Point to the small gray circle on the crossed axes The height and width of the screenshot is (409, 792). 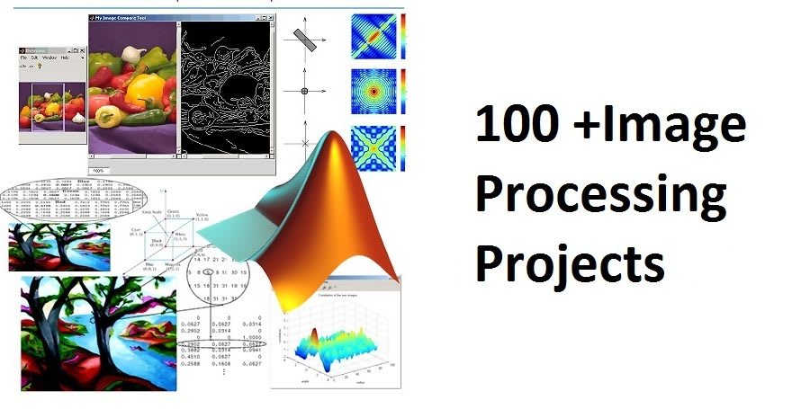pyautogui.click(x=304, y=91)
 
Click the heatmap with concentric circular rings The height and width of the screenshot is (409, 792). pyautogui.click(x=373, y=90)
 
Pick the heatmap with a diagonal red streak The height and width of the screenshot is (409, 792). pyautogui.click(x=373, y=35)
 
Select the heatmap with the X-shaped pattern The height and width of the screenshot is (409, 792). pyautogui.click(x=373, y=147)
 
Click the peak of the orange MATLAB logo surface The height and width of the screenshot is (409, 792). pyautogui.click(x=335, y=140)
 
